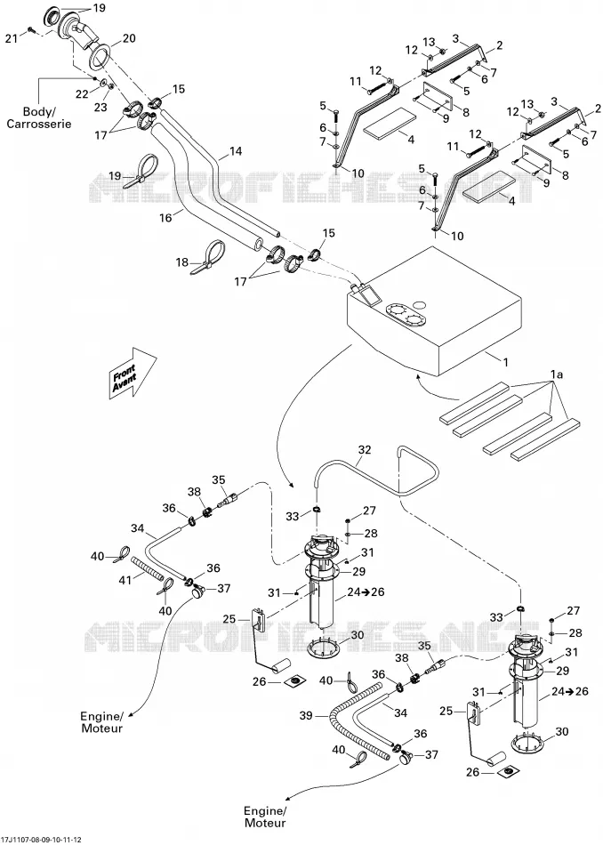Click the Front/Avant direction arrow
133,373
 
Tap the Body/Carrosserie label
39,118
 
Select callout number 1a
556,374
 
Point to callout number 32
365,450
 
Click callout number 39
307,716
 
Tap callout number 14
236,151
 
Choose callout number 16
166,217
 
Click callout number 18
182,262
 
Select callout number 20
129,38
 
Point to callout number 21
12,37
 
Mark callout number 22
81,93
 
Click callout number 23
100,108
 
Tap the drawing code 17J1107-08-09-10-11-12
42,840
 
